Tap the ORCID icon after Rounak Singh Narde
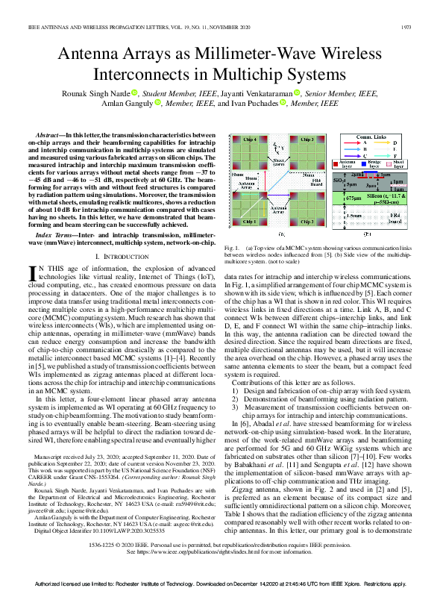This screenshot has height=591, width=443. [135, 93]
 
